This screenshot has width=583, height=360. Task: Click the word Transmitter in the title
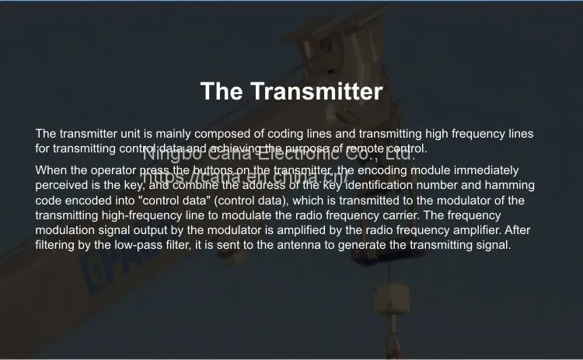click(316, 91)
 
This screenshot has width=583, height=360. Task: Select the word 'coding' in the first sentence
click(285, 135)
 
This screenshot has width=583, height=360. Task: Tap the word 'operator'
click(113, 171)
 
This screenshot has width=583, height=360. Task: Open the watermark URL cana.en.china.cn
click(245, 177)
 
